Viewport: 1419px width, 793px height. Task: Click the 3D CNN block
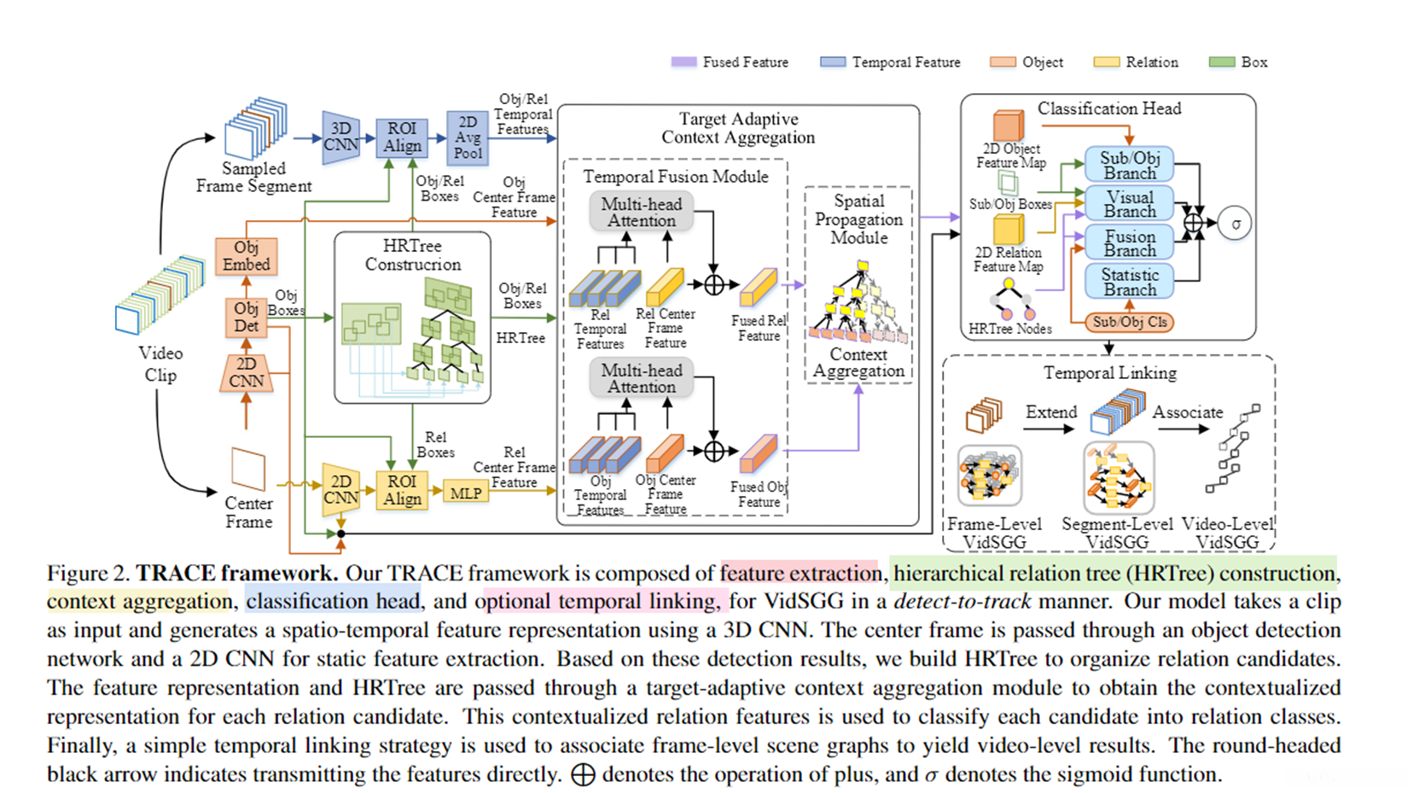[340, 137]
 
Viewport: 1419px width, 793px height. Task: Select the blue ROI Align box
[402, 137]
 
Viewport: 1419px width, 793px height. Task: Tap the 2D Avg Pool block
[468, 137]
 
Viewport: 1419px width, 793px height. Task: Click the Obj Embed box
[246, 256]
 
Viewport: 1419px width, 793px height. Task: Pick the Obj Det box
[246, 317]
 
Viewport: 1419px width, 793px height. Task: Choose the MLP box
[466, 493]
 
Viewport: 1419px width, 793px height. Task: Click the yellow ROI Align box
[402, 491]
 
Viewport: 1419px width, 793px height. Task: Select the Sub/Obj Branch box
[1129, 165]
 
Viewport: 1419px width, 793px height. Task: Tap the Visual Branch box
[1129, 204]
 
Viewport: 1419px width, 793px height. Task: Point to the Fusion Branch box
[1129, 243]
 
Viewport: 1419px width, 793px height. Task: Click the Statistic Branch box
[1129, 282]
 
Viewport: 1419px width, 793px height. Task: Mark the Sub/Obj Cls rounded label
[1129, 322]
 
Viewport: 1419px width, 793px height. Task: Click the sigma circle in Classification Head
[1235, 224]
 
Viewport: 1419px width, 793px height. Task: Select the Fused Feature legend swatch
[683, 62]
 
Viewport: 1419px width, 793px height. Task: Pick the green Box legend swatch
[1222, 62]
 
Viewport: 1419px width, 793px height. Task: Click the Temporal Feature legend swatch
[833, 62]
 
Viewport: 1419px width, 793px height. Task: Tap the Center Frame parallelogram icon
[248, 469]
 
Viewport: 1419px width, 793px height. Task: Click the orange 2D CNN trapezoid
[246, 373]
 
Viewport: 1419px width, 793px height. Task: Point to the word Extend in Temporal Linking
[1051, 412]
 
